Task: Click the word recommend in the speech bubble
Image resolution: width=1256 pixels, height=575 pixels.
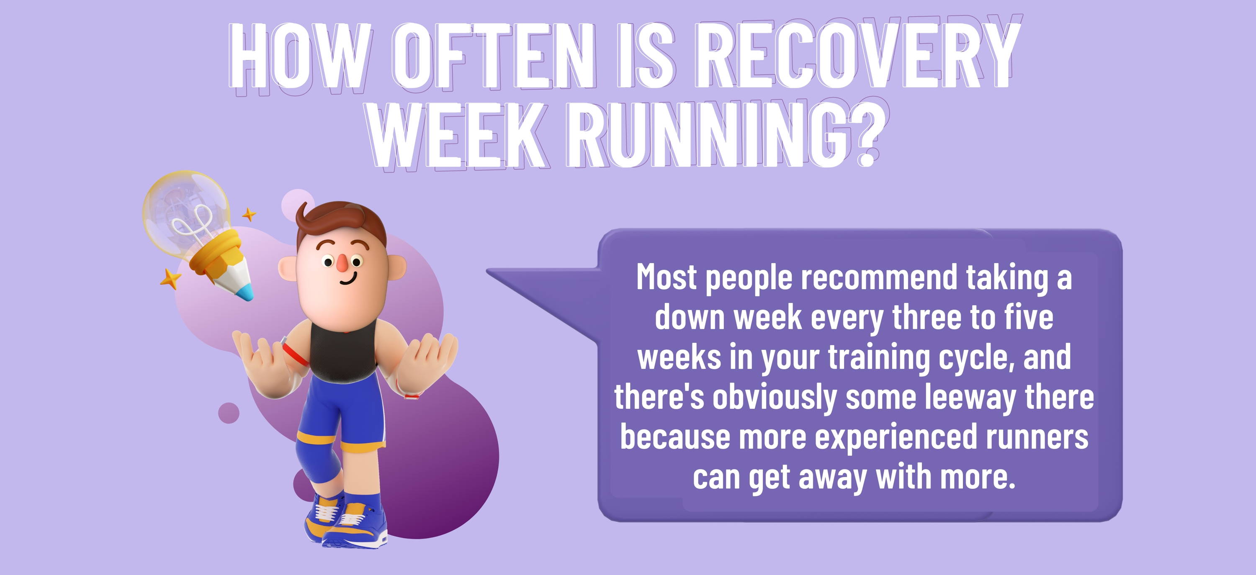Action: pos(880,278)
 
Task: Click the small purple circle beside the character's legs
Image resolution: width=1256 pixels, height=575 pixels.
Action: pos(229,413)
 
